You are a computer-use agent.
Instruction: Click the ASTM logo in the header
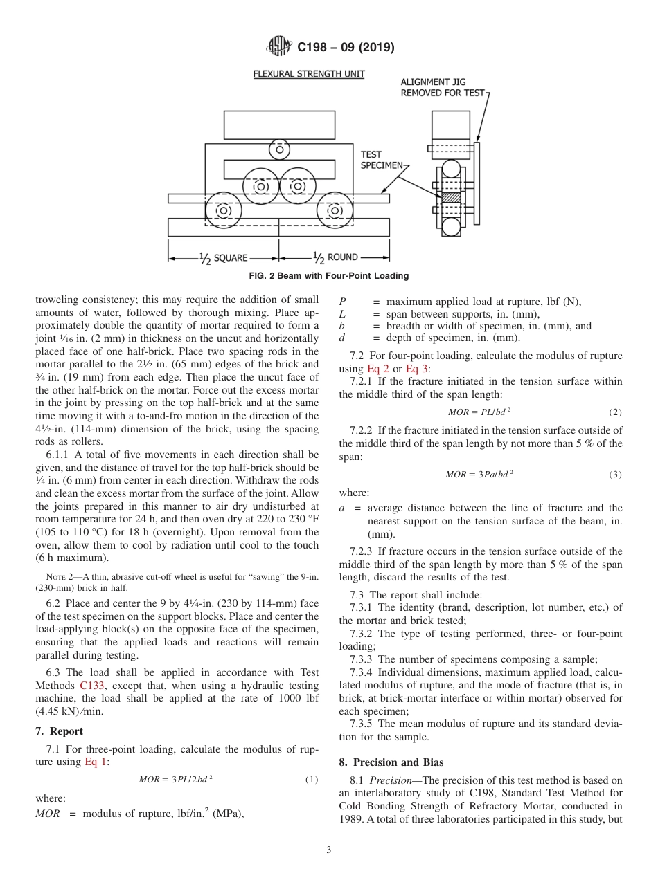pos(279,47)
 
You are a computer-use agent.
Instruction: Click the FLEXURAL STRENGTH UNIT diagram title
pos(308,74)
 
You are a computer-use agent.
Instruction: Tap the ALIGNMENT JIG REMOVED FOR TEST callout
pos(443,87)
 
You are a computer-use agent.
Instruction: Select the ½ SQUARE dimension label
pos(223,257)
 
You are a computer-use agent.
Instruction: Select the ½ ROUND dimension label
pos(335,257)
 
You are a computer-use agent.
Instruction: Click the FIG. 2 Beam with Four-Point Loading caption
pos(328,276)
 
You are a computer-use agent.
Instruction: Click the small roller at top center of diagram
pos(280,149)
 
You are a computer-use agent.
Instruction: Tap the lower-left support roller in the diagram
pos(224,210)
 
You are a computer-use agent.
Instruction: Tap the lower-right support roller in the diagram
pos(335,210)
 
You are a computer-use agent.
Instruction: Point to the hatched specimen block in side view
pos(451,198)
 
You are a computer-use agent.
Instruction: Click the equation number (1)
pos(312,780)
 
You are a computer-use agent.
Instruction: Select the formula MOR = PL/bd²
pos(479,412)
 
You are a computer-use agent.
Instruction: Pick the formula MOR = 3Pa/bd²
pos(479,475)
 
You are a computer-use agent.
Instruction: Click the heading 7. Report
pos(59,731)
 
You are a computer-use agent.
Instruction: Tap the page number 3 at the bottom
pos(329,850)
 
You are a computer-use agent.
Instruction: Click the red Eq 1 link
pos(96,762)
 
